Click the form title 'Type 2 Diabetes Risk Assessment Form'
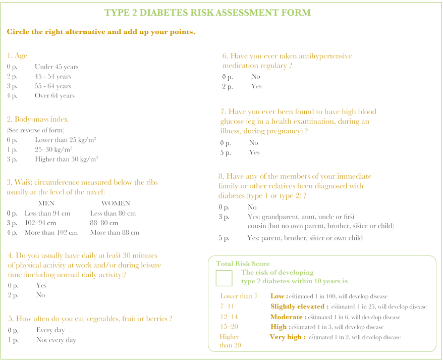coord(207,13)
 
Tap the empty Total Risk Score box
coord(224,278)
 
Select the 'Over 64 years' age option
coord(54,96)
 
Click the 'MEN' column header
coord(46,203)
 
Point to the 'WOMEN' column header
coord(116,203)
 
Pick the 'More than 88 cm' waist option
coord(115,233)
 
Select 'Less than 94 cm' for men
coord(47,214)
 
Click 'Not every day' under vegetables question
coord(56,340)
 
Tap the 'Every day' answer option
coord(50,331)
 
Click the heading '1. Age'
coord(17,56)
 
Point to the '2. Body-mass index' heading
coord(37,120)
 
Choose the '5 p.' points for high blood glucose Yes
coord(226,152)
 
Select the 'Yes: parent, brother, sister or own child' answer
coord(305,238)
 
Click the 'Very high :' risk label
coord(288,337)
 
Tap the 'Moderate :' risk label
coord(288,317)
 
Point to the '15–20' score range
coord(229,327)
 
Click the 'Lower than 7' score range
coord(239,296)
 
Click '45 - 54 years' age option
coord(53,77)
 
